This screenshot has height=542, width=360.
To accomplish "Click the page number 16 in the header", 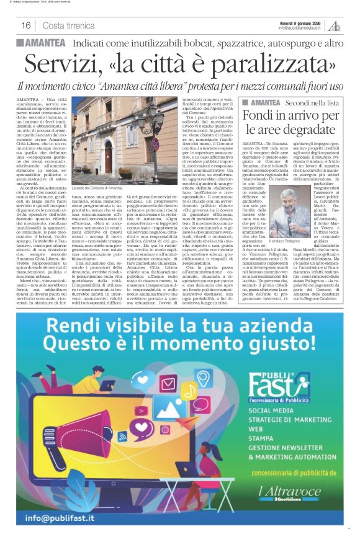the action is [x=26, y=25].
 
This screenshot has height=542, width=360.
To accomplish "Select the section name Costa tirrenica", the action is [x=68, y=25].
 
